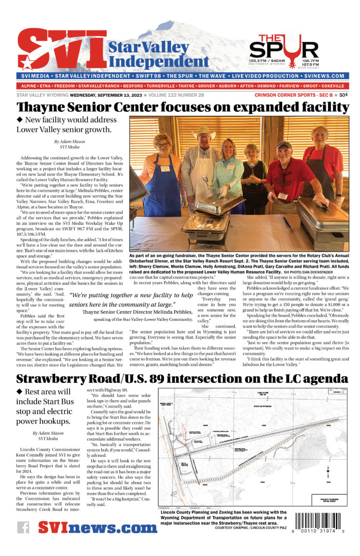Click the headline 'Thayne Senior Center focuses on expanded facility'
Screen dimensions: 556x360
point(183,107)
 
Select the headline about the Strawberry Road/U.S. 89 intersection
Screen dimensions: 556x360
point(183,378)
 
